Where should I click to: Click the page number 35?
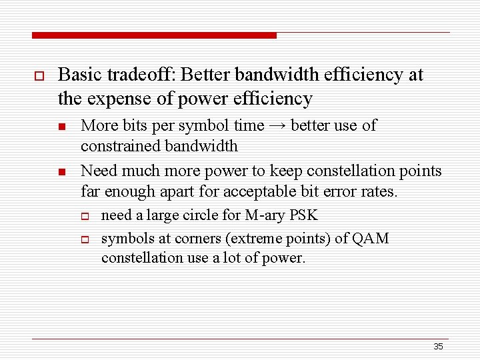pos(438,346)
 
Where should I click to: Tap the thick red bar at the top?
pos(154,35)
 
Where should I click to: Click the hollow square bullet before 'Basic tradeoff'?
pos(37,76)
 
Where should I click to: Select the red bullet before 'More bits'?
pos(61,127)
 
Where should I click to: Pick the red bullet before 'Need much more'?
pos(61,172)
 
